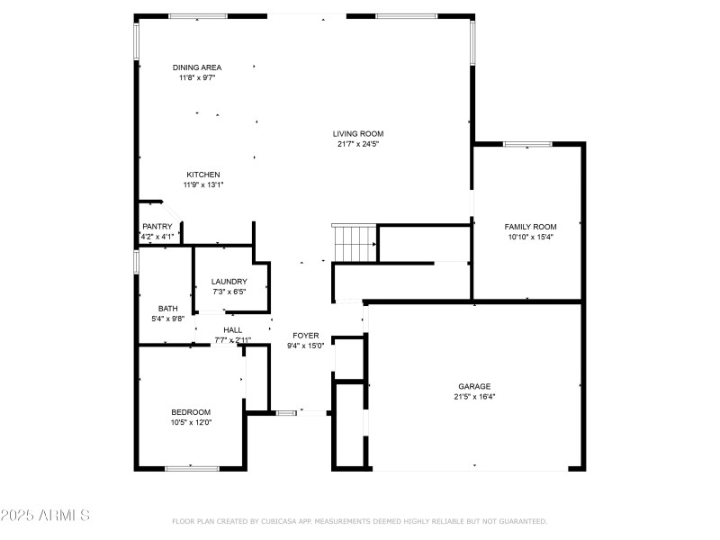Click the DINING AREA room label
[x=197, y=67]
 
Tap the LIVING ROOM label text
[x=358, y=133]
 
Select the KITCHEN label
[x=203, y=175]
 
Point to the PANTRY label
[x=157, y=227]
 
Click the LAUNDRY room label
[x=229, y=282]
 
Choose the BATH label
[x=167, y=309]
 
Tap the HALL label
[x=232, y=330]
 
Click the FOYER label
[x=303, y=336]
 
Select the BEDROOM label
[x=190, y=412]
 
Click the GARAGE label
[x=474, y=386]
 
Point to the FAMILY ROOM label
[x=530, y=227]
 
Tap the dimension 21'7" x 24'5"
[x=358, y=144]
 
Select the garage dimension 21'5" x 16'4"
[x=474, y=397]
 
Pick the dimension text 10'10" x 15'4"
[x=530, y=238]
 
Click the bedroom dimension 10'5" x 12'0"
[x=190, y=423]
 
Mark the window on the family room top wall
[x=527, y=143]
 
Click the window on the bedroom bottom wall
[x=192, y=468]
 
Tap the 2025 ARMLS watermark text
[x=45, y=516]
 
